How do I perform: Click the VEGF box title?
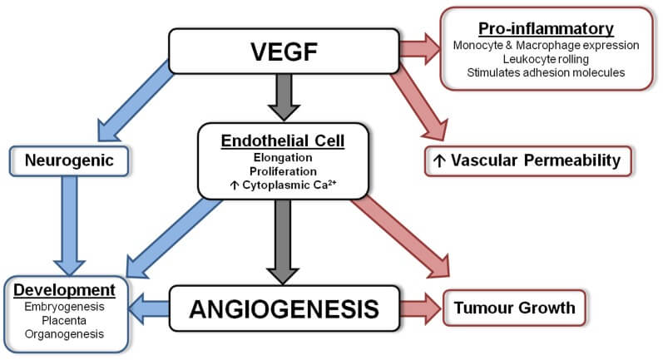284,52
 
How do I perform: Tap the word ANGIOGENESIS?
284,309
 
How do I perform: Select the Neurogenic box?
69,161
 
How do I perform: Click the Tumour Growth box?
515,308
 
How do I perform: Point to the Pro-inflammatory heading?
546,29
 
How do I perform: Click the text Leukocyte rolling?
546,59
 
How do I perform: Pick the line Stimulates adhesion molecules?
546,72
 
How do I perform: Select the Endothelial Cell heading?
283,141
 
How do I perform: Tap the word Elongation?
283,158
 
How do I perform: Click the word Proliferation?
283,171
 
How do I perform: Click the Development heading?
64,290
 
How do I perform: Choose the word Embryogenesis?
64,307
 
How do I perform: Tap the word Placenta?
64,320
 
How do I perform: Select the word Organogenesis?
64,333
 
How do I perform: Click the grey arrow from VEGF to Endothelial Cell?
284,97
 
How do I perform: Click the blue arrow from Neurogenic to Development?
70,225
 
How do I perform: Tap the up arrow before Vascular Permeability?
439,161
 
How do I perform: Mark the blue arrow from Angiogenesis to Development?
149,309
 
